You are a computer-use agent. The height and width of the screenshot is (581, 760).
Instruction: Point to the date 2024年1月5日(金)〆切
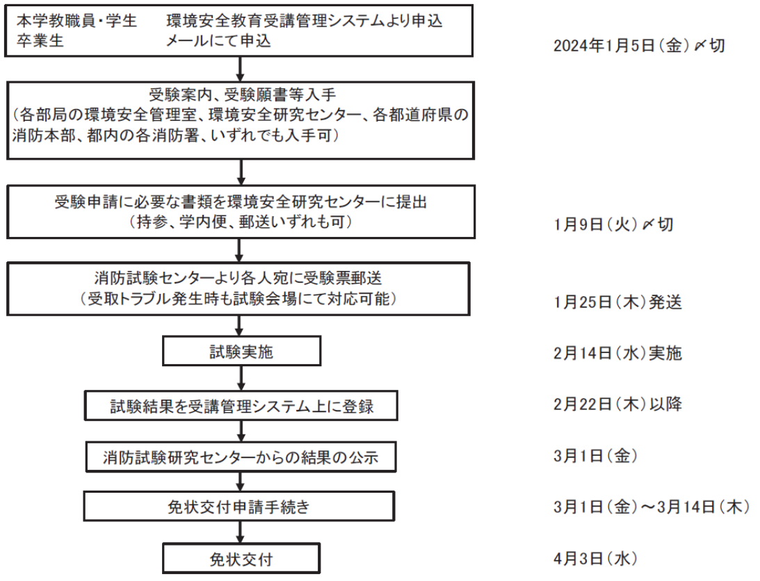coord(639,46)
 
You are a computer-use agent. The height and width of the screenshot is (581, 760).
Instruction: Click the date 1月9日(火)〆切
coord(613,224)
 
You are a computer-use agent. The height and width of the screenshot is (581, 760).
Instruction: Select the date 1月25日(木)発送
coord(617,302)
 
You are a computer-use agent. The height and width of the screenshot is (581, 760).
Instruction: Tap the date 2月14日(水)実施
coord(617,353)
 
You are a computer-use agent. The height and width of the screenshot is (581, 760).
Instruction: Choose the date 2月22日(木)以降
coord(617,404)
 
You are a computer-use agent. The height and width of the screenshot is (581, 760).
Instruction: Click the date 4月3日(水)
coord(595,558)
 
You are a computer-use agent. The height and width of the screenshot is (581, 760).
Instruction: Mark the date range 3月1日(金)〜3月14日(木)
coord(652,507)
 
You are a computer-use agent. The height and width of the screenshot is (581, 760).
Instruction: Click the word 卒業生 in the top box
coord(40,41)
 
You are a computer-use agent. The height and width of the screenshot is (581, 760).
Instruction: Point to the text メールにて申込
coord(218,41)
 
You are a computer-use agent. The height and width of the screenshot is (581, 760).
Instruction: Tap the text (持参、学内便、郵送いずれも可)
coord(241,222)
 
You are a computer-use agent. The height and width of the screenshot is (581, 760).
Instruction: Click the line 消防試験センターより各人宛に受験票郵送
coord(238,278)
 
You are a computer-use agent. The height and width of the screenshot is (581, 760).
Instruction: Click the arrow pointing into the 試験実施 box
coord(239,326)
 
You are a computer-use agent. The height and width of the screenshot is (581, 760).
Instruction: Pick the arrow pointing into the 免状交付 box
coord(240,532)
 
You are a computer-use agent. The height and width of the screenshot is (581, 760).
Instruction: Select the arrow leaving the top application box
coord(240,69)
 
